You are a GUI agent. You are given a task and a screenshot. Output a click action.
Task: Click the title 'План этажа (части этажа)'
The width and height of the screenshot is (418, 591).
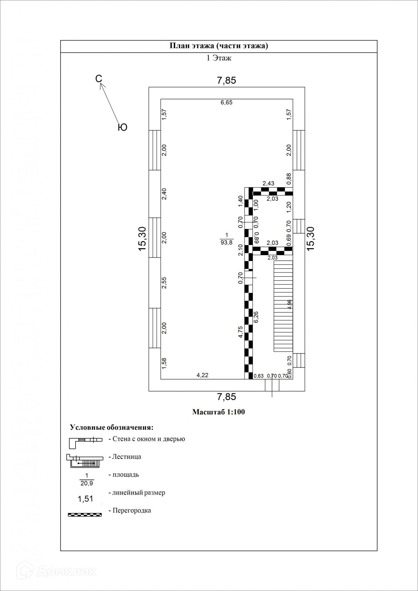[219, 46]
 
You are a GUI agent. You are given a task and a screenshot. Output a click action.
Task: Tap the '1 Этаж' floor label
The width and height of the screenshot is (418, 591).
[219, 58]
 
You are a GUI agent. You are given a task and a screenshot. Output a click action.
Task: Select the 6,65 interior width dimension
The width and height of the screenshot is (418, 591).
[226, 102]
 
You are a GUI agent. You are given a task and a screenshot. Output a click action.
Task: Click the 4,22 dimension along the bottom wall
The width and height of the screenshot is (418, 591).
[202, 375]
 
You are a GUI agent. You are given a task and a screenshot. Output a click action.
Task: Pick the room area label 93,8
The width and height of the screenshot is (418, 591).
[226, 243]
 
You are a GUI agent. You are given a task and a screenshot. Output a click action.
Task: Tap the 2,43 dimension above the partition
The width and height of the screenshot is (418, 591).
[268, 183]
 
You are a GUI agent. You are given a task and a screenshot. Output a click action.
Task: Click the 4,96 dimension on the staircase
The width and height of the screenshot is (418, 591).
[289, 304]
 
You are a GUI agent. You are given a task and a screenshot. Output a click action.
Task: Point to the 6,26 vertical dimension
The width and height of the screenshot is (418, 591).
[256, 317]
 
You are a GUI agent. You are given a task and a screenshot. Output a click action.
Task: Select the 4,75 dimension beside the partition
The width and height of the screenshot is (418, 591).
[240, 332]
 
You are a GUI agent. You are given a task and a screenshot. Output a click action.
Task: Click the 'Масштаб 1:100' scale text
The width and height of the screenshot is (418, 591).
[219, 412]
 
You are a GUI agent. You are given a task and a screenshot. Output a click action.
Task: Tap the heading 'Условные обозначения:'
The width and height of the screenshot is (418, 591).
[111, 428]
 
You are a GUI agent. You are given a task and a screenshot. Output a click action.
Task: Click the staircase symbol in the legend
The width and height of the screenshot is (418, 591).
[85, 461]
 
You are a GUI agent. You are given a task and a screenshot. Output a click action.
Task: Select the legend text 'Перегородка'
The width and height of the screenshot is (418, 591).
[132, 511]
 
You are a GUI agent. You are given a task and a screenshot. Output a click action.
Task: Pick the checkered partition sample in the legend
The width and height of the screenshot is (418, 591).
[85, 514]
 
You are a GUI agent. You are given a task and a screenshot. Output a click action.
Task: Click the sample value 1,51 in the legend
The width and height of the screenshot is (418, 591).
[85, 499]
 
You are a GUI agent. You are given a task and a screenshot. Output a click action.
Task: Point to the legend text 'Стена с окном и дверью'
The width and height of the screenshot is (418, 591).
[149, 439]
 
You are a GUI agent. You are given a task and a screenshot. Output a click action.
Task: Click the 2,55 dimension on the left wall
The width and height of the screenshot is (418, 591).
[164, 283]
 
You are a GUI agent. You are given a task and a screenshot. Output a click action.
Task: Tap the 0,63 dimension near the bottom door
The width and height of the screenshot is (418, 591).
[259, 376]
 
